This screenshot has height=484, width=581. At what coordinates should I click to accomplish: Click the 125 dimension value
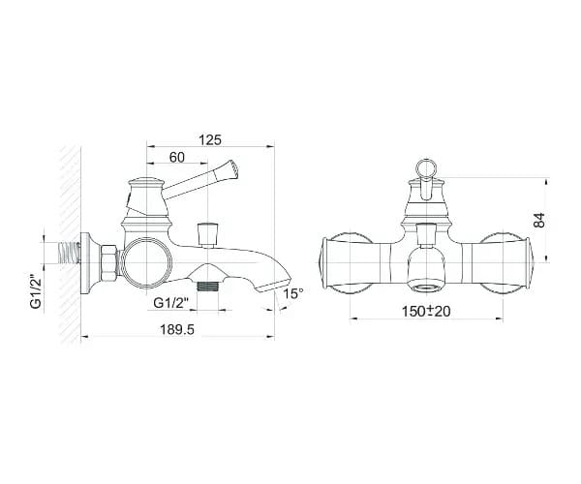coord(210,140)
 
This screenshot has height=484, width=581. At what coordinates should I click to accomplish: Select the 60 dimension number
coord(177,157)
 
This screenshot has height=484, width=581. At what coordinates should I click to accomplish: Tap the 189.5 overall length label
coord(177,329)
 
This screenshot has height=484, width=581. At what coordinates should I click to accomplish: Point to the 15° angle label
coord(293,293)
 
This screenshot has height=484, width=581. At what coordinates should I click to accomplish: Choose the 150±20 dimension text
coord(426,311)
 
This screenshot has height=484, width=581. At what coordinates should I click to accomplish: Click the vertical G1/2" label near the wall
coord(35,291)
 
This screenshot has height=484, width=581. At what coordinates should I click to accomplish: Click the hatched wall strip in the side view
coord(71,244)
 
